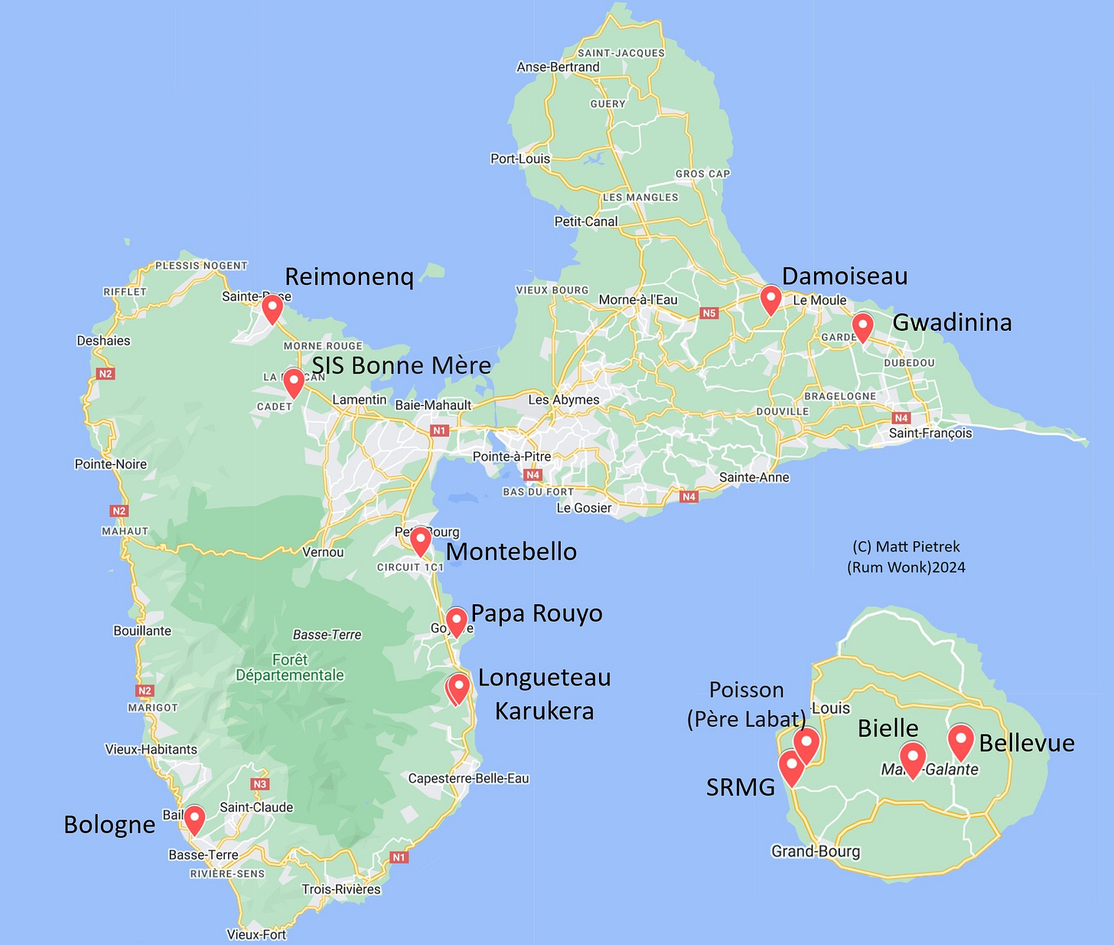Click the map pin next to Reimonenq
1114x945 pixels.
click(x=272, y=309)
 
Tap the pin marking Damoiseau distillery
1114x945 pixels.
click(x=770, y=299)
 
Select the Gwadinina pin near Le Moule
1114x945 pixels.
click(x=862, y=326)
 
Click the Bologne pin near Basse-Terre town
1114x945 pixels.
click(x=195, y=819)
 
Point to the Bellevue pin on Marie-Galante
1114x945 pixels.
click(x=961, y=740)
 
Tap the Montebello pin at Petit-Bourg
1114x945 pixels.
click(x=420, y=541)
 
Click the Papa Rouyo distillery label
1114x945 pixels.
click(x=536, y=613)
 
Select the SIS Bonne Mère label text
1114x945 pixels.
click(x=402, y=365)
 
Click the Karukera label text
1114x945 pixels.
click(x=544, y=711)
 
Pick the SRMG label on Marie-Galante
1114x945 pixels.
click(x=740, y=786)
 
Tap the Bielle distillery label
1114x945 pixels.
click(x=888, y=728)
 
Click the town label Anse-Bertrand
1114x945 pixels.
click(x=558, y=67)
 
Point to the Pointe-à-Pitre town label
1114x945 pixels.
click(x=511, y=456)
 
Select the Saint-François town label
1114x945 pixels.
click(x=930, y=433)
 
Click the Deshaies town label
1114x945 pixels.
click(x=103, y=341)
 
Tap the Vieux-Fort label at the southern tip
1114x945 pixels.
click(x=256, y=934)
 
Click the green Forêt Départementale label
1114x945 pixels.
click(x=290, y=667)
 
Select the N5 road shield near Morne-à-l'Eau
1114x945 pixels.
click(x=709, y=313)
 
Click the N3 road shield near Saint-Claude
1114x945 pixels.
click(x=260, y=784)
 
